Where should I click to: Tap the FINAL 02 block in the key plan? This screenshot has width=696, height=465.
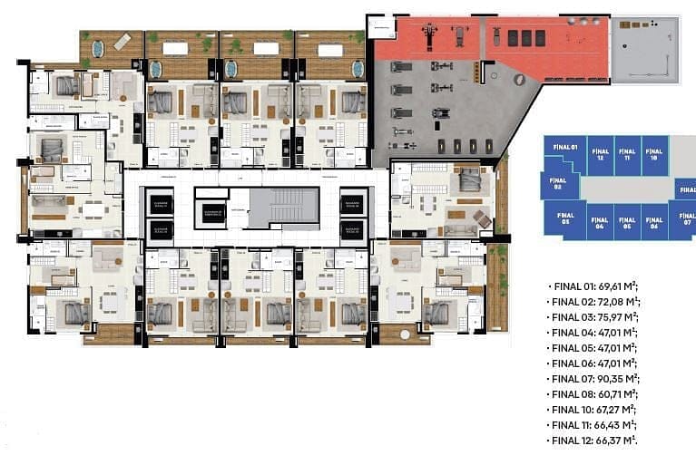559,186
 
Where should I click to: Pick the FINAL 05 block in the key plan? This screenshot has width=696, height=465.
625,223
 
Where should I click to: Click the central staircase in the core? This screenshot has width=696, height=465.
284,208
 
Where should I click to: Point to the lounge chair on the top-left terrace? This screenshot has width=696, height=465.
123,41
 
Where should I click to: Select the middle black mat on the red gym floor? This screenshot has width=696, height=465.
524,38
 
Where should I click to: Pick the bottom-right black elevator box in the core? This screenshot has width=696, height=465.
353,229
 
